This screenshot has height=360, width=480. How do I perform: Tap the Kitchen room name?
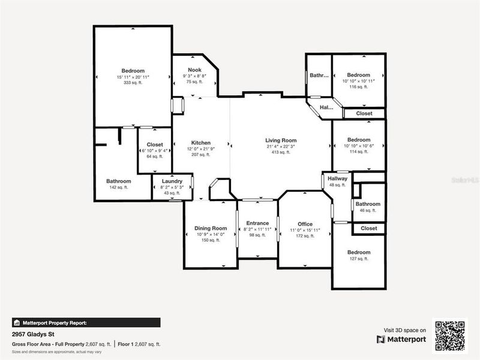click(x=200, y=143)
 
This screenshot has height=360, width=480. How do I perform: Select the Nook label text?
click(x=195, y=70)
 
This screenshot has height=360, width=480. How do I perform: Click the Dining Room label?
click(x=211, y=228)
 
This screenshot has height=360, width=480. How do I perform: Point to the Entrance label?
click(x=257, y=223)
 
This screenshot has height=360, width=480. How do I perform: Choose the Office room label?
click(x=305, y=224)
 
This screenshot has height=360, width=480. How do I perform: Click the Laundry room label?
click(x=172, y=181)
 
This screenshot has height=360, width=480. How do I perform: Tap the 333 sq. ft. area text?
click(x=133, y=83)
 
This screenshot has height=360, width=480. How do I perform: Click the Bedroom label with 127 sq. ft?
click(x=359, y=253)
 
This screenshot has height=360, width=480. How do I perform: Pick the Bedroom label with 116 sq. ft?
click(x=359, y=75)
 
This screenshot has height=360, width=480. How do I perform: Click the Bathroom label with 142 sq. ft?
click(x=119, y=181)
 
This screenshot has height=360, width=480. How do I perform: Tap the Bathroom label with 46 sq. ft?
click(x=368, y=204)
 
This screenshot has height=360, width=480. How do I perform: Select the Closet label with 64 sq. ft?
click(x=155, y=145)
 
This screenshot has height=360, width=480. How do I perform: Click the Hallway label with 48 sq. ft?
click(x=337, y=178)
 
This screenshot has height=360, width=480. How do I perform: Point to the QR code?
click(x=450, y=334)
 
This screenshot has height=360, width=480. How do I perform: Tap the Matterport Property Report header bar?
click(x=86, y=322)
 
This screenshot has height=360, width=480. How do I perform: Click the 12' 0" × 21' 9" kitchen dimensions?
click(x=200, y=149)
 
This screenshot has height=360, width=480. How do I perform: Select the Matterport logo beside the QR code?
click(x=401, y=339)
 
